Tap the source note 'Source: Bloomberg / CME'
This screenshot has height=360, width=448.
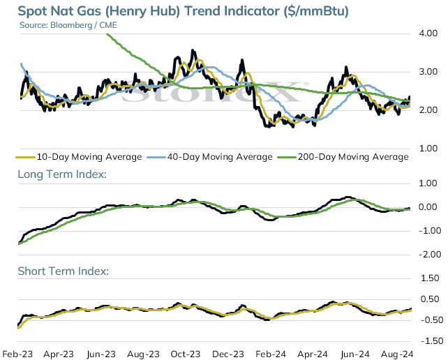(x=68, y=25)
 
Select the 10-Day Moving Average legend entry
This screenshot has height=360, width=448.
(x=79, y=157)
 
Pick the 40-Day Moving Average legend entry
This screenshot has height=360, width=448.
(x=210, y=157)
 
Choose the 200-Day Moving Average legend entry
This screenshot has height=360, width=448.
(x=343, y=157)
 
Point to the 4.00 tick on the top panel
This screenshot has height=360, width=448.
(x=428, y=33)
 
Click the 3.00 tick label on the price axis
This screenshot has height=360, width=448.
(x=428, y=72)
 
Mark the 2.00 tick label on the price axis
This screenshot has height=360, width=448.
(x=428, y=110)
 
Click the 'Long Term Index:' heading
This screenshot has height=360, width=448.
(x=62, y=174)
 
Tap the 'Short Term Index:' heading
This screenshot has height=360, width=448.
(x=64, y=271)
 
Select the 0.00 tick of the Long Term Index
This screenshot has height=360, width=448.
(x=428, y=207)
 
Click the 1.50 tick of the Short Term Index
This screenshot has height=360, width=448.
(x=430, y=278)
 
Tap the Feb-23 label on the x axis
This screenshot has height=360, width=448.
(x=17, y=354)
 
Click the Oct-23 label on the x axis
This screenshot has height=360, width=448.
(x=186, y=354)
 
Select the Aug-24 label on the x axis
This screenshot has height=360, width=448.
(x=397, y=354)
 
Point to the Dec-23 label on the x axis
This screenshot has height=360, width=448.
(x=229, y=354)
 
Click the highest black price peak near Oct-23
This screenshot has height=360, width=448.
(x=193, y=50)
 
